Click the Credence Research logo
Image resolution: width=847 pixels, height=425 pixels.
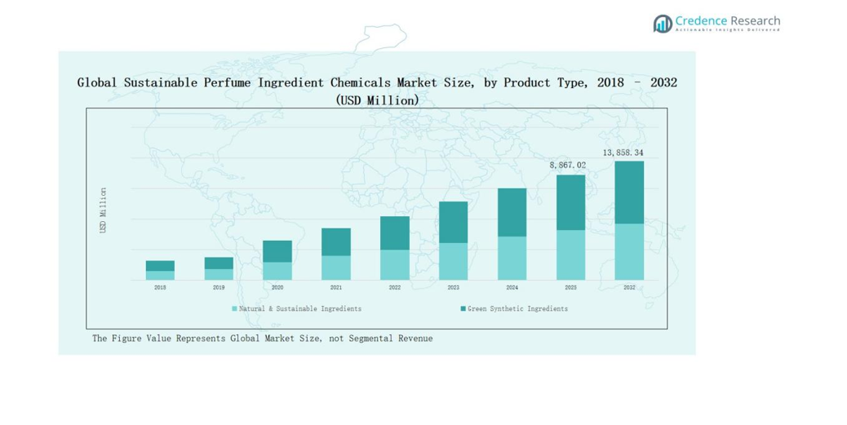coord(716,23)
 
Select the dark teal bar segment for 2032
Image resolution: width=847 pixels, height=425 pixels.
coord(629,193)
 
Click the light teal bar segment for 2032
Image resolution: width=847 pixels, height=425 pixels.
coord(629,251)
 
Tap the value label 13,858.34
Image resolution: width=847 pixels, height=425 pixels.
coord(623,153)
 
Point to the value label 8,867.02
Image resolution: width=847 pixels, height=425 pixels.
coord(568,165)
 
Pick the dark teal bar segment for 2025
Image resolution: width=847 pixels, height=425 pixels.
coord(570,202)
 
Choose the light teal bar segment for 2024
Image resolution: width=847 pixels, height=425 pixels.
coord(512,258)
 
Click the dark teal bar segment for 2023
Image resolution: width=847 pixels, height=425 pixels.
coord(453,222)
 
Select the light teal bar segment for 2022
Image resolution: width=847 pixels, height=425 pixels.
coord(395,264)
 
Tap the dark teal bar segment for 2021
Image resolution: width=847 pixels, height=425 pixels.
coord(336,241)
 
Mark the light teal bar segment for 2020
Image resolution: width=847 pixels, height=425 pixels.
coord(277,271)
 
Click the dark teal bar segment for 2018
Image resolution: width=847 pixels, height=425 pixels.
coord(160,266)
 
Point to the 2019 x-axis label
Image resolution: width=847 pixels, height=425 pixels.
coord(219,288)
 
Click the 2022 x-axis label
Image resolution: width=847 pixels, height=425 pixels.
coord(395,288)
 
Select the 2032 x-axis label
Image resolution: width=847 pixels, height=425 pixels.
coord(629,288)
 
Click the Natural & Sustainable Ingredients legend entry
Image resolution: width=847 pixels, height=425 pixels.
coord(296,309)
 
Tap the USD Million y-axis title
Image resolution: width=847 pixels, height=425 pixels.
coord(103,210)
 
